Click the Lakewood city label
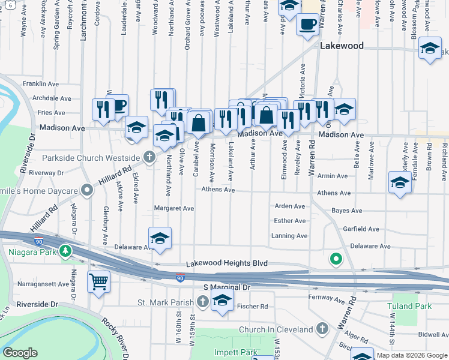[342, 46]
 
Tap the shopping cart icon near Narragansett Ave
[98, 281]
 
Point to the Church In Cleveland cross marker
[322, 329]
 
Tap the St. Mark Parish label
[166, 302]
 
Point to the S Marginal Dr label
[226, 288]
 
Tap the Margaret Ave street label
[174, 208]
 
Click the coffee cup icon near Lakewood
[308, 25]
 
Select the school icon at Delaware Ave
[160, 239]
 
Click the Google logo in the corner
[20, 353]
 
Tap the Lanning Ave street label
[289, 236]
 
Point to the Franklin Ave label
[43, 83]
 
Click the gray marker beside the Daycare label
[88, 191]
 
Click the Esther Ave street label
[290, 221]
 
